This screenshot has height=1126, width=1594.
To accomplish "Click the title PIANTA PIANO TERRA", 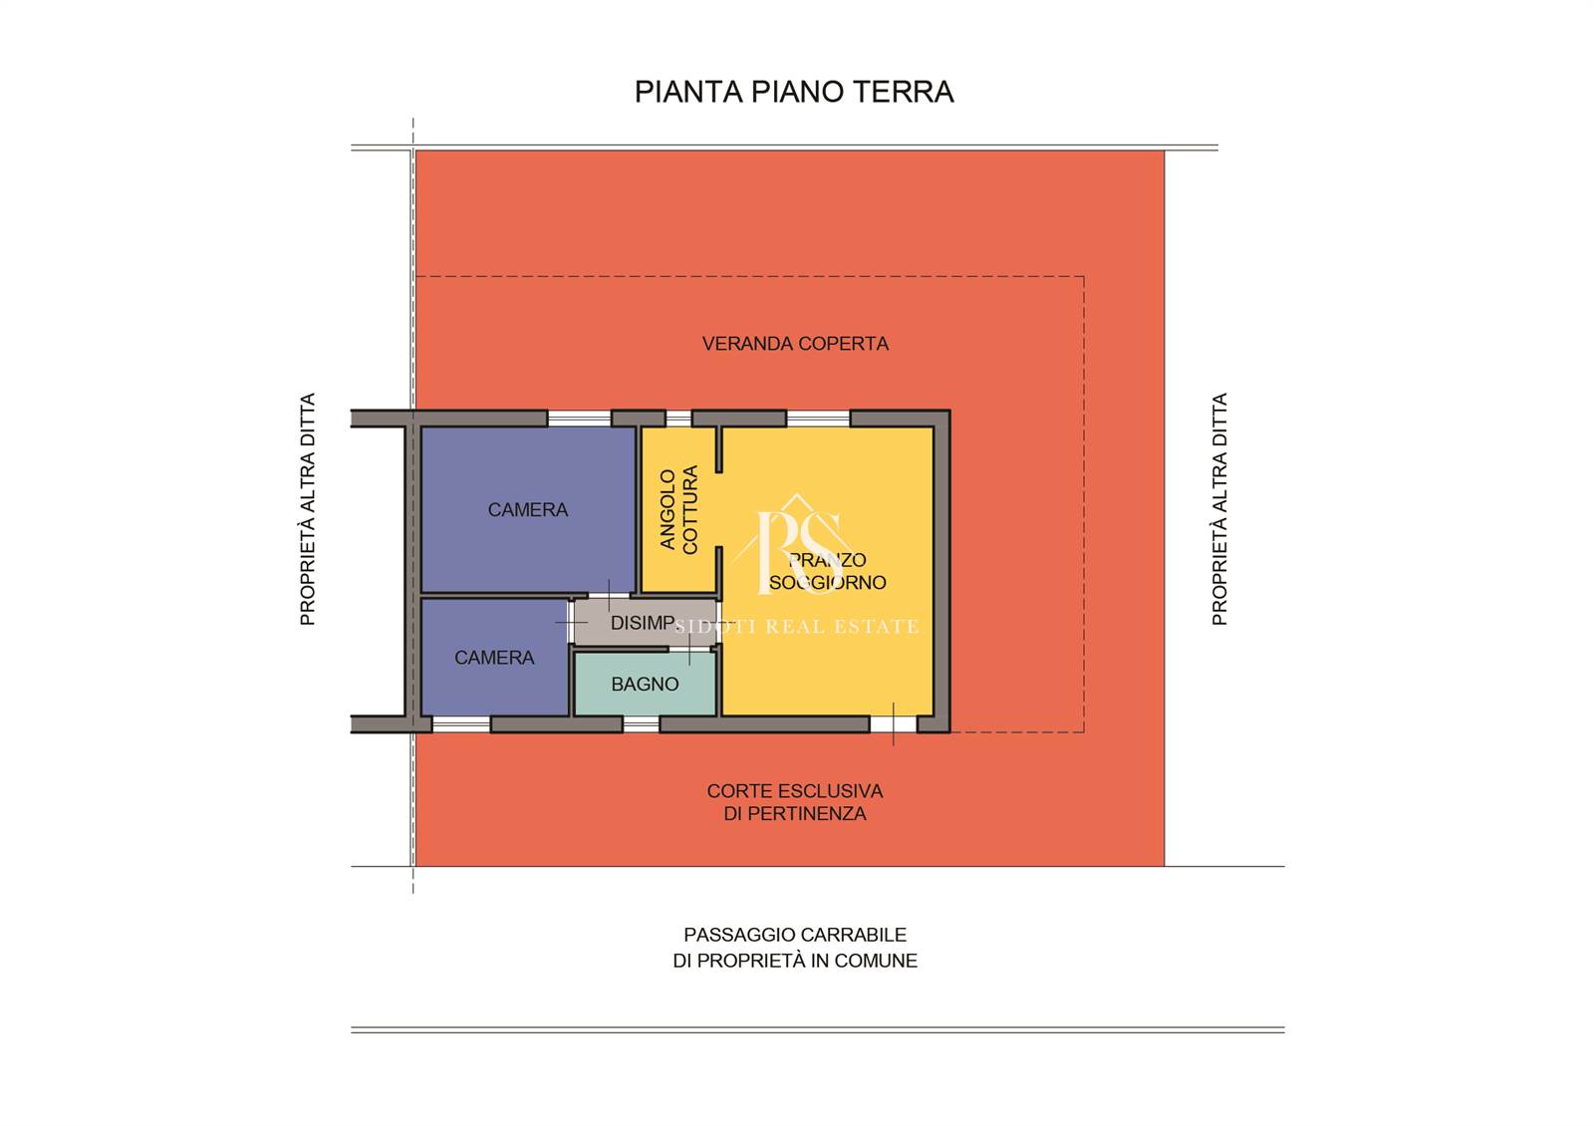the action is pos(793,92).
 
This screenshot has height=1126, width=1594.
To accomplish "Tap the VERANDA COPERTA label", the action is pos(795,344).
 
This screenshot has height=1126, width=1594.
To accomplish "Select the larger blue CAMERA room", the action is pos(528,509).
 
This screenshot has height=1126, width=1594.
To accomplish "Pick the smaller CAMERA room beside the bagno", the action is pos(494,657).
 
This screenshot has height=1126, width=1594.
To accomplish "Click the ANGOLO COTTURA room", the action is pos(678,509).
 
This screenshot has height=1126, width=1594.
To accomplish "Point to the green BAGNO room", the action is pos(645,684).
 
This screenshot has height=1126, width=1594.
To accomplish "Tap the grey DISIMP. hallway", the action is pos(645,623).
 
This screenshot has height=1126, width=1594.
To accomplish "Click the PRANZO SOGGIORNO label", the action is pos(827,572).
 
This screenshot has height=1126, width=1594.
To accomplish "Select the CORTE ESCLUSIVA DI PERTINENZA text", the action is pos(795,802).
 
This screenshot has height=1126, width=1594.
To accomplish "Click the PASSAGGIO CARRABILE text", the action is pos(795,935).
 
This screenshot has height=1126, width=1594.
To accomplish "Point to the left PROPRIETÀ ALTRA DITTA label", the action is pos(307,509).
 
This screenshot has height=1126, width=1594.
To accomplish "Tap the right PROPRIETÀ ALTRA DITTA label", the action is pos(1219,509).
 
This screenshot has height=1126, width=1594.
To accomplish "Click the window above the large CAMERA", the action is pos(579,419).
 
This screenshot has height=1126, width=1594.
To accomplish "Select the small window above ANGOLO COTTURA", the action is pos(678,419).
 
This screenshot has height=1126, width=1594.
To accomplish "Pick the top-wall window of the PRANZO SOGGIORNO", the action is pos(818,419).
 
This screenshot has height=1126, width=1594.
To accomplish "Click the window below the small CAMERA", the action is pos(461,724).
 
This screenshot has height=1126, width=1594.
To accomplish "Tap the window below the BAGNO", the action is pos(642,724).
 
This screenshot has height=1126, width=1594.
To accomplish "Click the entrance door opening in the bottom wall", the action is pos(893,724).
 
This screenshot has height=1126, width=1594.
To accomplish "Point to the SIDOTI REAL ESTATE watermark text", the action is pos(796,627).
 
